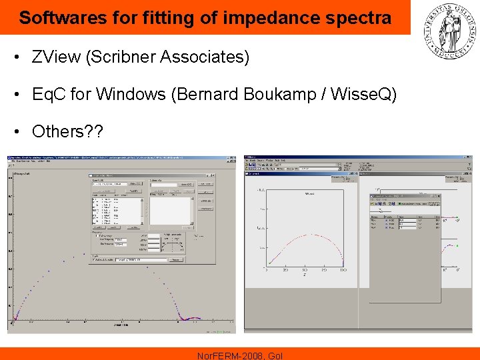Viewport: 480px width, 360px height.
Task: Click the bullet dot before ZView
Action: pyautogui.click(x=17, y=57)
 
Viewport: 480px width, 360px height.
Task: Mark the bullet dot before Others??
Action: pyautogui.click(x=17, y=131)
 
